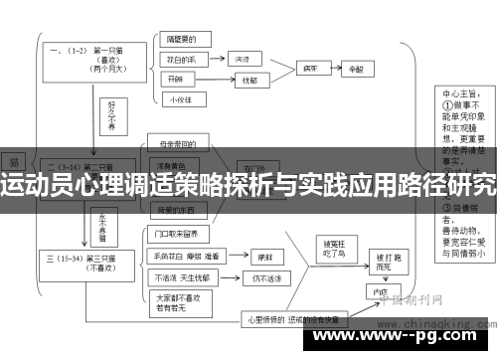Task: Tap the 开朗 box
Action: tap(178, 79)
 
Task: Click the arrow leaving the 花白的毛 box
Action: tap(216, 61)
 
